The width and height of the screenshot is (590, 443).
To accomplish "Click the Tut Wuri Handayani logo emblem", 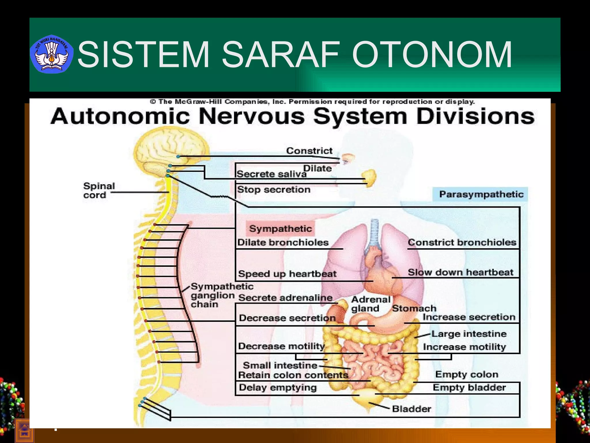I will point(52,54).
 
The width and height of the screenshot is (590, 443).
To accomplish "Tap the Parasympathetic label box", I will point(481,194).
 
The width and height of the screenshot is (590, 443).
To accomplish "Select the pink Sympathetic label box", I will point(280,229).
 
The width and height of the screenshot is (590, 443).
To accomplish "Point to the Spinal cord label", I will point(99,190).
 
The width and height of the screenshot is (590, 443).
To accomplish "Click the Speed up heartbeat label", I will point(287,274).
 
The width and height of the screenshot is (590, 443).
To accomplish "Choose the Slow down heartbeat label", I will point(460,272).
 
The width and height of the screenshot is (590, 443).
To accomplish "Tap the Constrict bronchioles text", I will point(462,242).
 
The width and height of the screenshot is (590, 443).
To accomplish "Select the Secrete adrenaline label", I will point(285,298).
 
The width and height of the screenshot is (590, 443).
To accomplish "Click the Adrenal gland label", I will point(370,304).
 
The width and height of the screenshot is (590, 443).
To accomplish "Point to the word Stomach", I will point(414,308).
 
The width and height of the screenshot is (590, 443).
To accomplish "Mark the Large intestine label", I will point(469,334).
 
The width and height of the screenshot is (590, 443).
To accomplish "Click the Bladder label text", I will point(411,409).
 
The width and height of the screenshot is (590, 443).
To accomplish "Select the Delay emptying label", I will point(277,387).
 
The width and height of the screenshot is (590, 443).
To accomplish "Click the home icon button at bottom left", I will point(24,431).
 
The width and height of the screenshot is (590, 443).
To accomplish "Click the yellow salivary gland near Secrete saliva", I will point(370,177).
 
